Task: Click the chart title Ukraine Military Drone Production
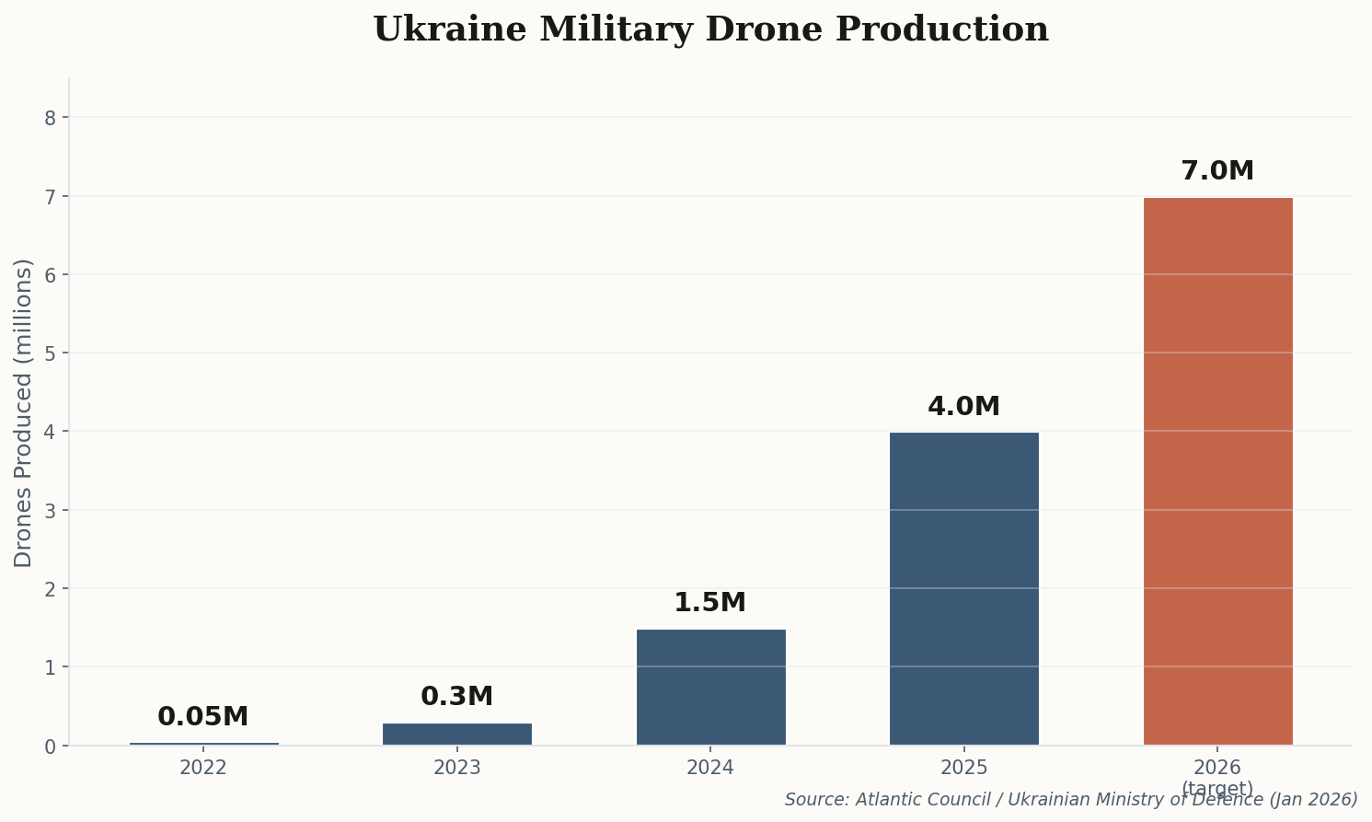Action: point(710,29)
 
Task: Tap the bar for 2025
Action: point(963,588)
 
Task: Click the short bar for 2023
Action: point(457,734)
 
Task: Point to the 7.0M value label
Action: point(1217,171)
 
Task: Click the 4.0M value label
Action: point(963,407)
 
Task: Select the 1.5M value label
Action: point(710,603)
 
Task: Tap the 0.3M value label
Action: point(457,697)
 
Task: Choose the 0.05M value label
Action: point(203,717)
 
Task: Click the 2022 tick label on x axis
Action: point(203,768)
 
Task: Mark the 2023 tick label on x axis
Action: point(457,768)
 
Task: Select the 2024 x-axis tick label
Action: point(710,768)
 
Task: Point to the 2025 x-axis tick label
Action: point(963,768)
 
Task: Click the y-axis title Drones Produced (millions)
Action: point(24,412)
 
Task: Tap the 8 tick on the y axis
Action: point(51,118)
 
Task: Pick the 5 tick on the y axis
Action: point(51,353)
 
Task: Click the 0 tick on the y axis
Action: point(51,746)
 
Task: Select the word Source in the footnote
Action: point(811,800)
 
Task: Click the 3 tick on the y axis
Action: point(51,510)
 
